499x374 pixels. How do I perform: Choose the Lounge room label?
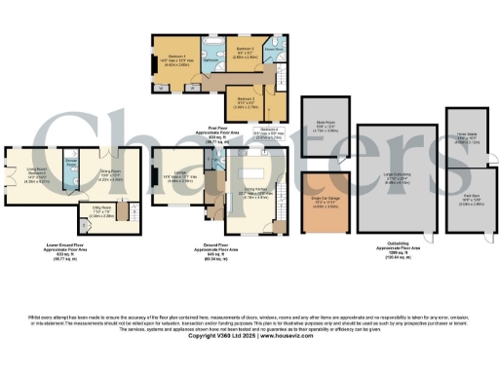(x=183, y=176)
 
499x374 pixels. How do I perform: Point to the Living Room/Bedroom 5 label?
(x=34, y=175)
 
